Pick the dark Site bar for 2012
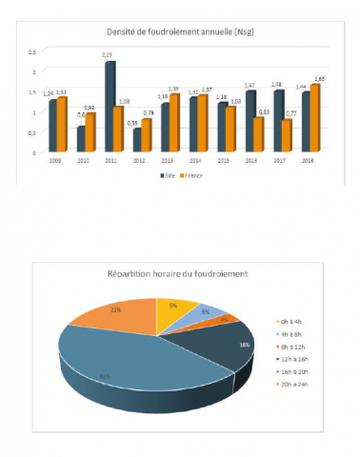tap(135, 140)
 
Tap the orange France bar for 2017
tap(287, 136)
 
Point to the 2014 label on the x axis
tap(195, 162)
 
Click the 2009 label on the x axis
tap(56, 162)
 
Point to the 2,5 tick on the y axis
tap(33, 50)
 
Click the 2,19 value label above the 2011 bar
tap(109, 56)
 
